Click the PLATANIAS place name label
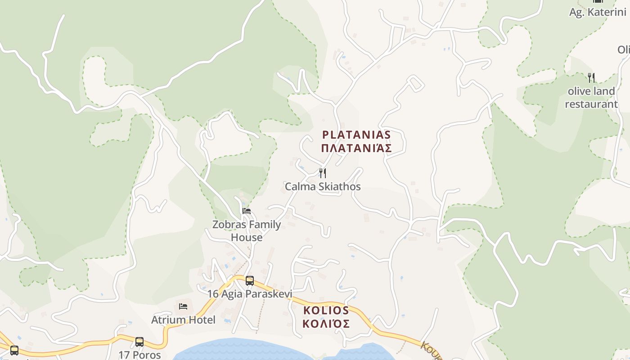(x=356, y=135)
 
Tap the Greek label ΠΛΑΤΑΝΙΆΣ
(x=356, y=148)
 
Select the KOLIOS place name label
(x=326, y=310)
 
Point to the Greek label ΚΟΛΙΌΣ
(x=326, y=324)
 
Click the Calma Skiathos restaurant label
(x=323, y=186)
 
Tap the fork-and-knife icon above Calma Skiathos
(x=323, y=173)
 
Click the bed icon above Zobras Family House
(x=247, y=211)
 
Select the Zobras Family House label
(x=247, y=231)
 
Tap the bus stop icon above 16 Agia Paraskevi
(x=250, y=281)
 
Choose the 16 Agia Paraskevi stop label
(x=249, y=294)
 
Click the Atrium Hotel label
(x=183, y=320)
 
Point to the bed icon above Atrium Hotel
(x=183, y=306)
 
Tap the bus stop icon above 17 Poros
(x=139, y=342)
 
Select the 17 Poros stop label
(x=139, y=355)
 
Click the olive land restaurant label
(x=591, y=98)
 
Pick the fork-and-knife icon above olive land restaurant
(x=591, y=78)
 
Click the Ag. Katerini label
(x=598, y=12)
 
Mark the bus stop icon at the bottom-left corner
(x=14, y=350)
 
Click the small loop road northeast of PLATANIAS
(x=415, y=83)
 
